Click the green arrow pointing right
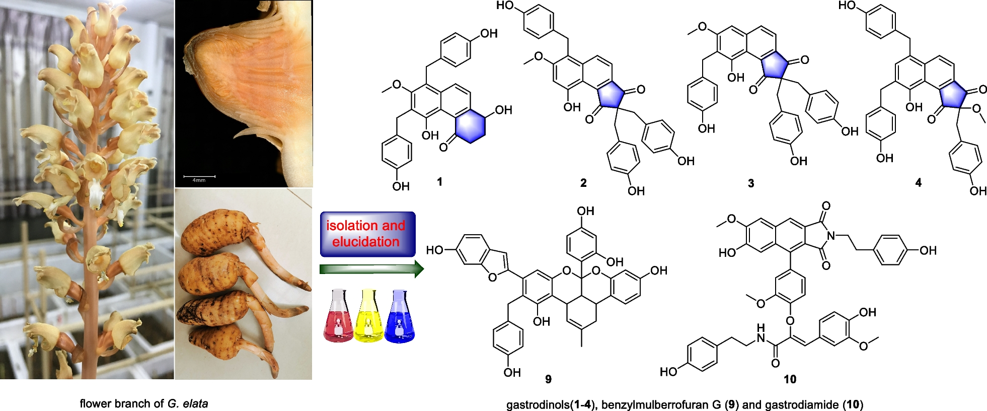(x=371, y=269)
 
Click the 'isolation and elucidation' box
(x=367, y=234)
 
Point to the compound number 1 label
(x=439, y=182)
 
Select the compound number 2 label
(x=583, y=183)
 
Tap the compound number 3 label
(x=751, y=183)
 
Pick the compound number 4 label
(x=919, y=183)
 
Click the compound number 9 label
(x=548, y=379)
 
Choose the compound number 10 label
(x=790, y=379)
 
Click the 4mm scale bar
(x=199, y=177)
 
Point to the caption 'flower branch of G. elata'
(x=144, y=403)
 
